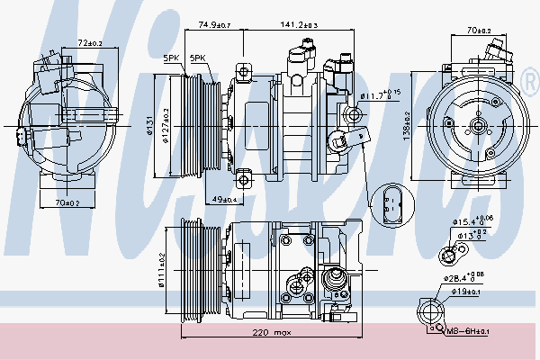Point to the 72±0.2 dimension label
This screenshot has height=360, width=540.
(89, 43)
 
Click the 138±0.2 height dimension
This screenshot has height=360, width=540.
(406, 127)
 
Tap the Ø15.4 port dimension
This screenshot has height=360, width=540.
(474, 220)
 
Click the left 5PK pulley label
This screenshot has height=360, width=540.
(171, 58)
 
